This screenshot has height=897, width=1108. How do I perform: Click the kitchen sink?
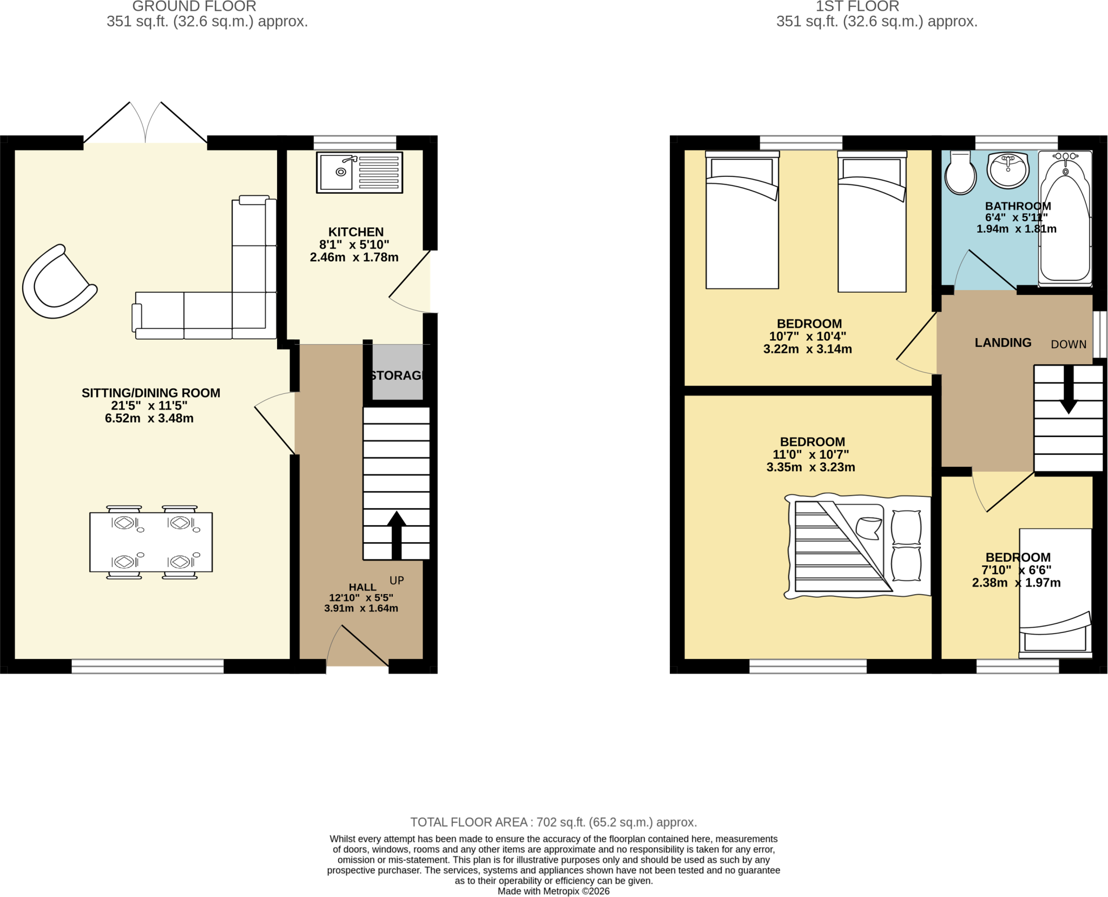click(x=360, y=173)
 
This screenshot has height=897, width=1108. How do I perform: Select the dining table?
click(x=151, y=542)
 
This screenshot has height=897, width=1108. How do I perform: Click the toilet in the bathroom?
click(x=960, y=173)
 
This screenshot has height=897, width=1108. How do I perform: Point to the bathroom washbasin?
click(x=1007, y=170)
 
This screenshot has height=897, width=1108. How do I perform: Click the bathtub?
click(x=1065, y=218)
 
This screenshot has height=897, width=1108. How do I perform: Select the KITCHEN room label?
click(x=356, y=232)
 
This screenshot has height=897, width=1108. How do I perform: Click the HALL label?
click(x=362, y=587)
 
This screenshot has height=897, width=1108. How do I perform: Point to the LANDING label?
click(x=1003, y=342)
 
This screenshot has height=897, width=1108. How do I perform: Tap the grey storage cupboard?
click(x=398, y=372)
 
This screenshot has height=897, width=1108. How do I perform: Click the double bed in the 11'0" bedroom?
click(x=858, y=546)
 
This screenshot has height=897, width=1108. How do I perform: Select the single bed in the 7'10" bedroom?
click(x=1055, y=593)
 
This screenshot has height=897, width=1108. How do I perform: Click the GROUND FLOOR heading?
click(x=194, y=6)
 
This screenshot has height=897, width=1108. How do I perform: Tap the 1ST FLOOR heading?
click(x=858, y=6)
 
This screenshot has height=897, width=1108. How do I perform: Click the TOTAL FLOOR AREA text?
click(x=553, y=822)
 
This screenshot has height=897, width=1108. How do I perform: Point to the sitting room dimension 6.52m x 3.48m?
click(x=149, y=418)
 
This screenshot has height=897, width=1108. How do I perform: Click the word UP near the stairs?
click(x=397, y=581)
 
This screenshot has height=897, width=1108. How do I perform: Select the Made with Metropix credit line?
click(x=553, y=891)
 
